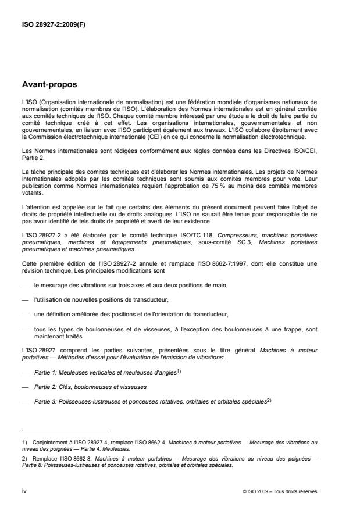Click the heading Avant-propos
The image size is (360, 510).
(x=49, y=85)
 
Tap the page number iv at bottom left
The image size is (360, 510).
(x=24, y=492)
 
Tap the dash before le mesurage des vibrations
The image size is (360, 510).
(x=26, y=285)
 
